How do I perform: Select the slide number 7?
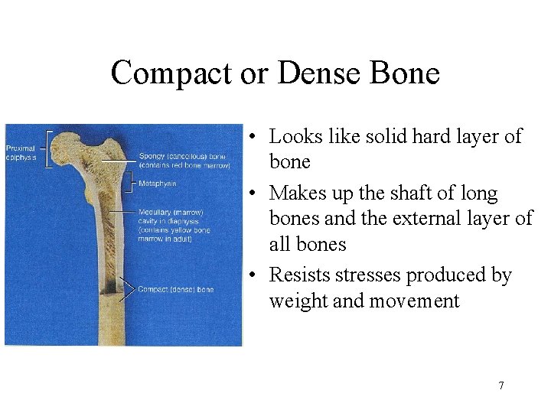coord(501,385)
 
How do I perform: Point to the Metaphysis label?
coord(158,184)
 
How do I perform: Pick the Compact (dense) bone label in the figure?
coord(175,289)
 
